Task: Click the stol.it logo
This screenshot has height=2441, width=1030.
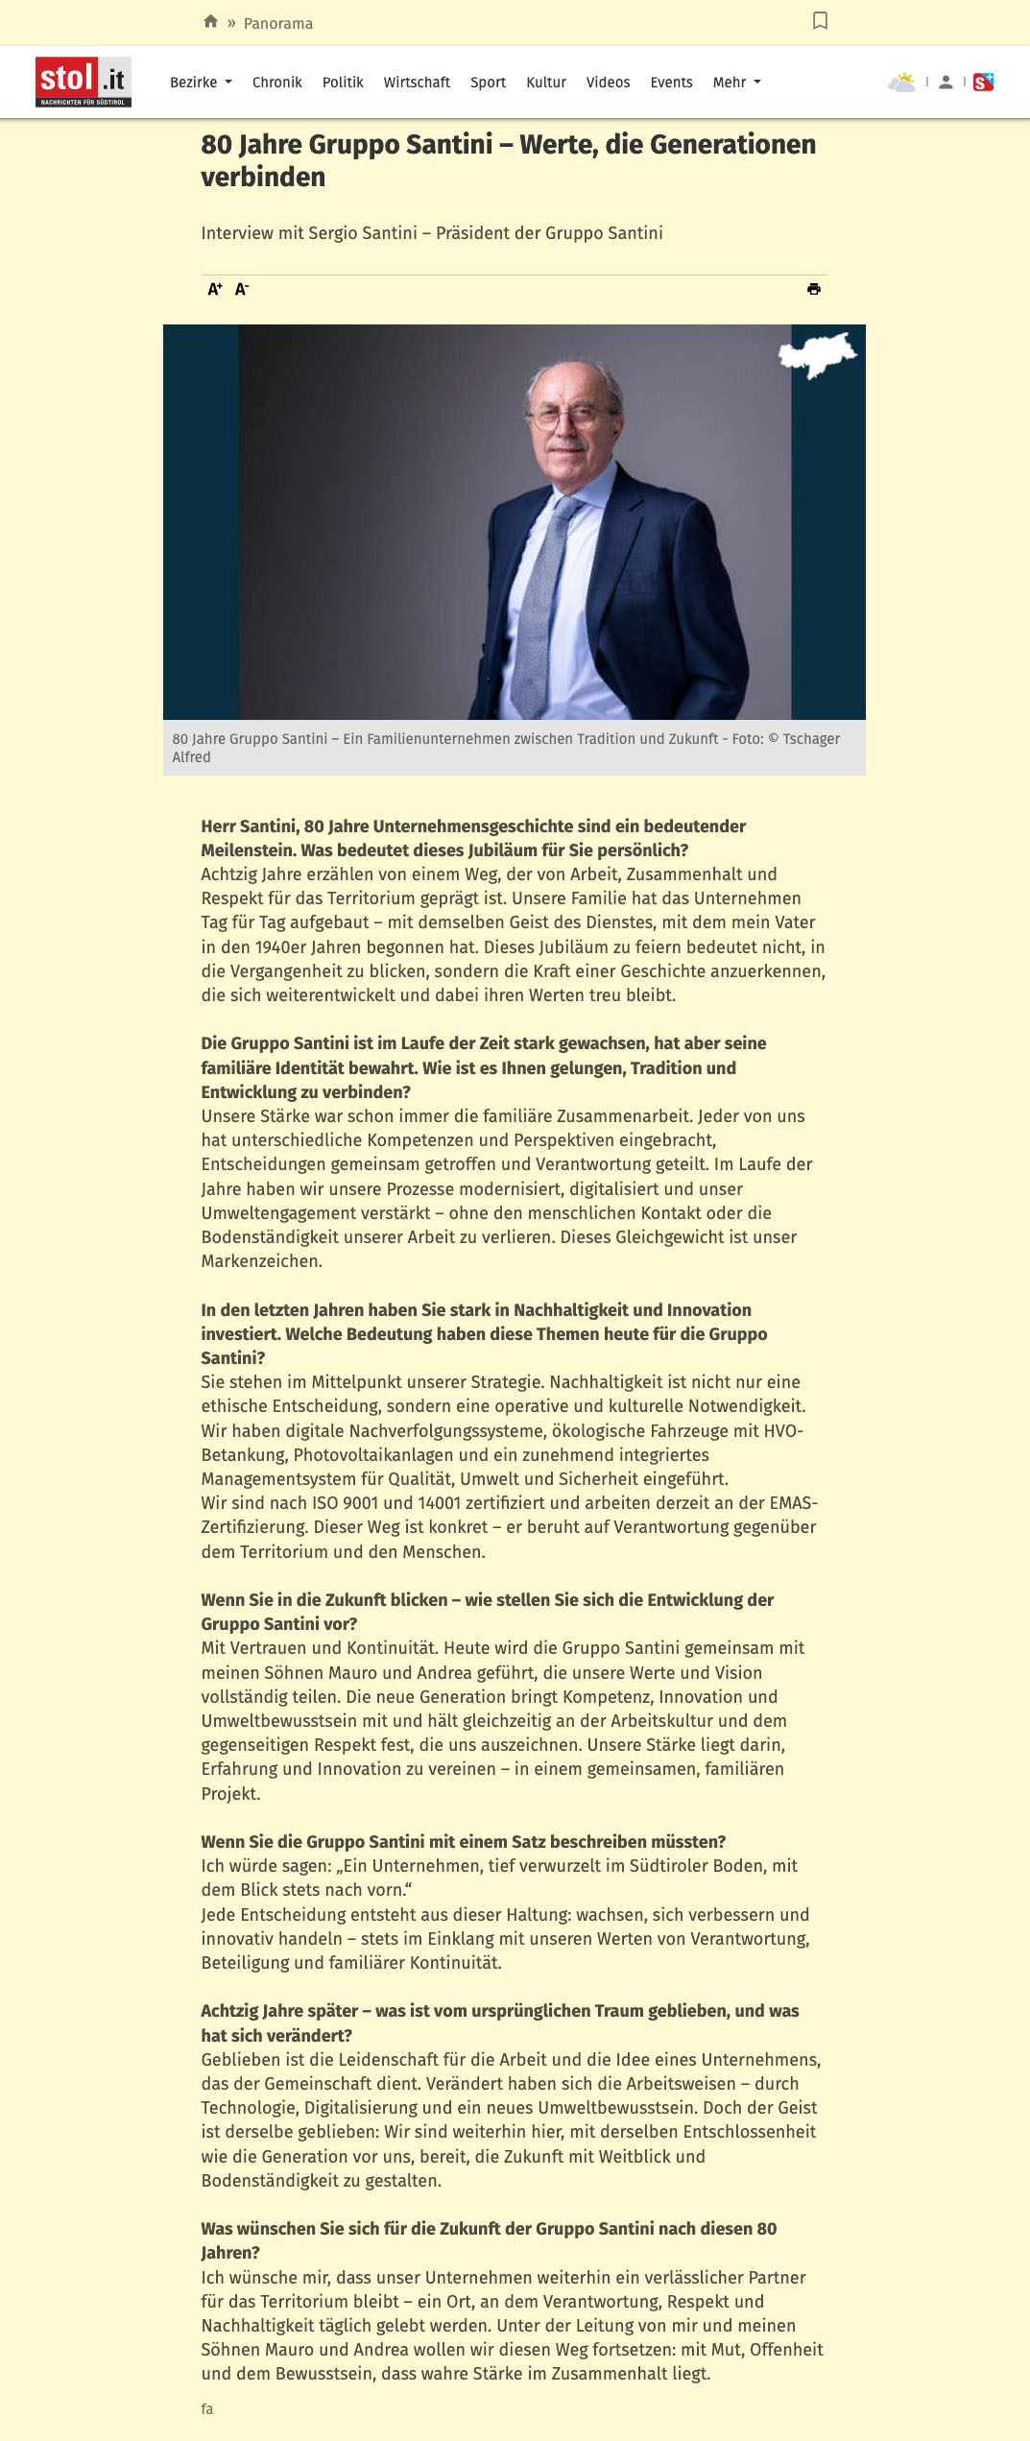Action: (x=84, y=82)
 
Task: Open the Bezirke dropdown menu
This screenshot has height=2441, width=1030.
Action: (x=201, y=83)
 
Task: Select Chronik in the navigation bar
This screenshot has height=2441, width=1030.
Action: (x=276, y=83)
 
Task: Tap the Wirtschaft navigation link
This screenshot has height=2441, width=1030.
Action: (x=417, y=83)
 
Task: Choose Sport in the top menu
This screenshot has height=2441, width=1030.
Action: (x=488, y=83)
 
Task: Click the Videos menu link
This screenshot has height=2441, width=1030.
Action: (x=608, y=83)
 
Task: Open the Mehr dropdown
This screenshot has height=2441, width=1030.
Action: (x=736, y=83)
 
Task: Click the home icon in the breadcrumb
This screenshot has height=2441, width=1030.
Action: (x=211, y=21)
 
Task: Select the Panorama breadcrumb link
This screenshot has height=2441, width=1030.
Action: (x=277, y=23)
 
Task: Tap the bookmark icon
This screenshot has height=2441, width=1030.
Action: (x=820, y=20)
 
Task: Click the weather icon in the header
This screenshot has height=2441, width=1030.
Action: (x=901, y=83)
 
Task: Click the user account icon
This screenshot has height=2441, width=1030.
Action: (x=946, y=83)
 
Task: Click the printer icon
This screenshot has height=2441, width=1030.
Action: (x=814, y=289)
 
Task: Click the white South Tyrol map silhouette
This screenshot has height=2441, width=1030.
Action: (x=817, y=354)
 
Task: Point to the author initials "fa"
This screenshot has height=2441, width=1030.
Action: (x=207, y=2408)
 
